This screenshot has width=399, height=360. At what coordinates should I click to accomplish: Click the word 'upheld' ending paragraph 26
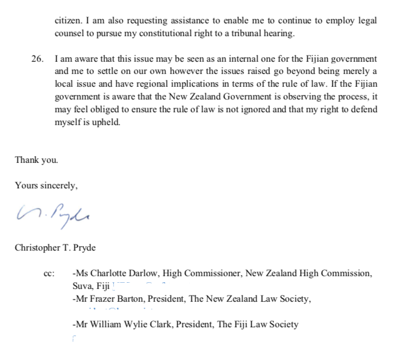(x=108, y=122)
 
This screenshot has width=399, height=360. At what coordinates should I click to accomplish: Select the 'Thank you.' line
(x=36, y=160)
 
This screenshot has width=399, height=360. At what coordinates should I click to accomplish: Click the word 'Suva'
(x=82, y=287)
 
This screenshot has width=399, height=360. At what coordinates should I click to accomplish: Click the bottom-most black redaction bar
(x=146, y=339)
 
